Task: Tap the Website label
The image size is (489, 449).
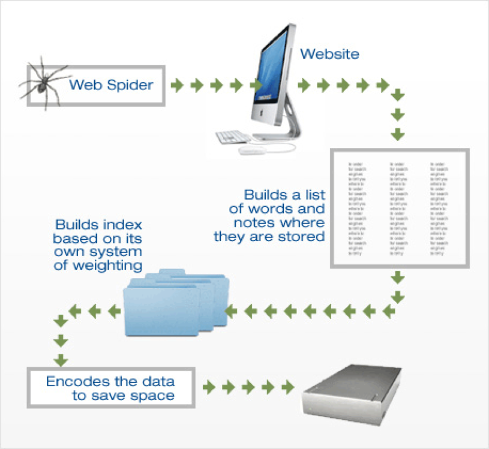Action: tap(329, 54)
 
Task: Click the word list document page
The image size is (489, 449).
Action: tap(399, 207)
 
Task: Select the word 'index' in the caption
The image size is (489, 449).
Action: tap(122, 225)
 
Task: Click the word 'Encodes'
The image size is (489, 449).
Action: tap(71, 381)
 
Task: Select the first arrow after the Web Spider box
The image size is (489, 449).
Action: tap(176, 85)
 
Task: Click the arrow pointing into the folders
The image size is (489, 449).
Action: tap(232, 311)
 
